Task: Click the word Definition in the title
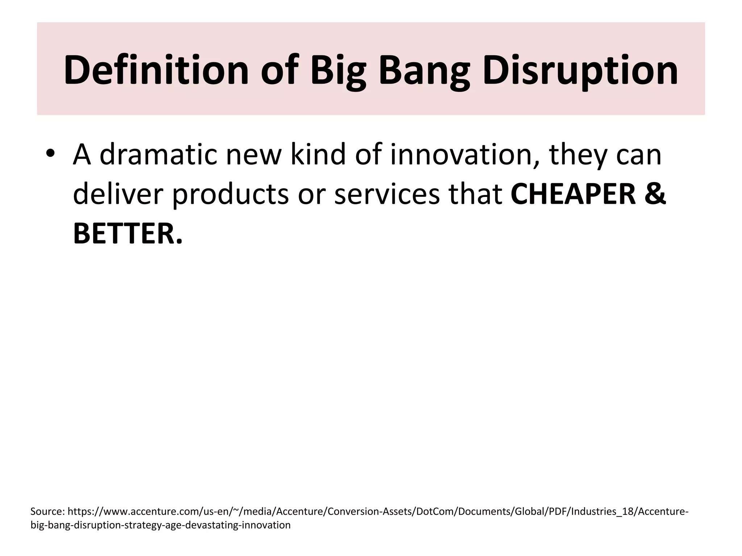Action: coord(156,69)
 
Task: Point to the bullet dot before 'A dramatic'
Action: coord(50,153)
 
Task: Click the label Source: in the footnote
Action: coord(47,511)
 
